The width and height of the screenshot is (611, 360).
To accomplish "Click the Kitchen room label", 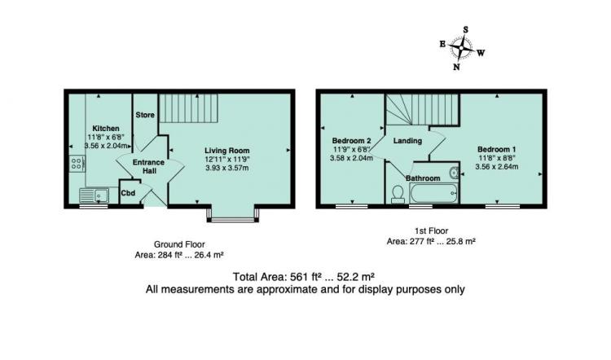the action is pos(106,128).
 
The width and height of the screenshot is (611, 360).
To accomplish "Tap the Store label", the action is pos(145,115).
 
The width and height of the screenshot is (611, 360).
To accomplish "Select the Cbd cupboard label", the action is pos(128,193).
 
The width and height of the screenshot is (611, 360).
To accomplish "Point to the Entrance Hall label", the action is pos(148,166).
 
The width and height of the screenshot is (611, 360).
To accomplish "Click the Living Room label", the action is pos(227,151).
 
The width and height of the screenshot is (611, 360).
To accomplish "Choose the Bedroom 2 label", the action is pos(351,141).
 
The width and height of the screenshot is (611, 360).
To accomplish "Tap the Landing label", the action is pos(407,141).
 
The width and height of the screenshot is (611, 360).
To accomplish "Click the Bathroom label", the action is pos(423,178).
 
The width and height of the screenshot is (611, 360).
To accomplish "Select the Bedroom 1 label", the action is pos(497,149).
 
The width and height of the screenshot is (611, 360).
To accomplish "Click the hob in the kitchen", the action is pos(77,163).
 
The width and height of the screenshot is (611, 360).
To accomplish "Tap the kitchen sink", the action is pos(94,195).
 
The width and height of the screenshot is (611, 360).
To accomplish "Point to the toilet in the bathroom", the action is pos(398,194).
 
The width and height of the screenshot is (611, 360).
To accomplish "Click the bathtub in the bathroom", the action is pos(433,193).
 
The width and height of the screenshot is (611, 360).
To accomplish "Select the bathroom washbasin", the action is pos(454,173).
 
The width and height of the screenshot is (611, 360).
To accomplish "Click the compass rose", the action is pos(461,48).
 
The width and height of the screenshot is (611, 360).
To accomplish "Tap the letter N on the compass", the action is pos(456,67).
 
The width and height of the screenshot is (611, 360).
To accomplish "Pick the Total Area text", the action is pos(304,277).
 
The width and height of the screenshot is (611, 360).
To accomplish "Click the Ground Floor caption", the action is pos(179,244).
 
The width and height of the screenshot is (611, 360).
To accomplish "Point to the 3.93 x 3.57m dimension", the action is pos(227,168).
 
